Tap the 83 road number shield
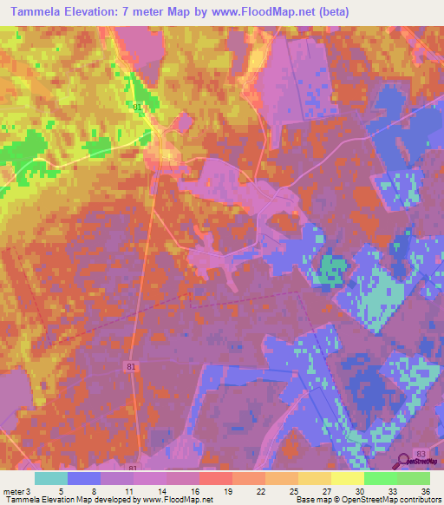point(421,454)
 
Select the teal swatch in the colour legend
point(50,478)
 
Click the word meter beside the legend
point(12,491)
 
